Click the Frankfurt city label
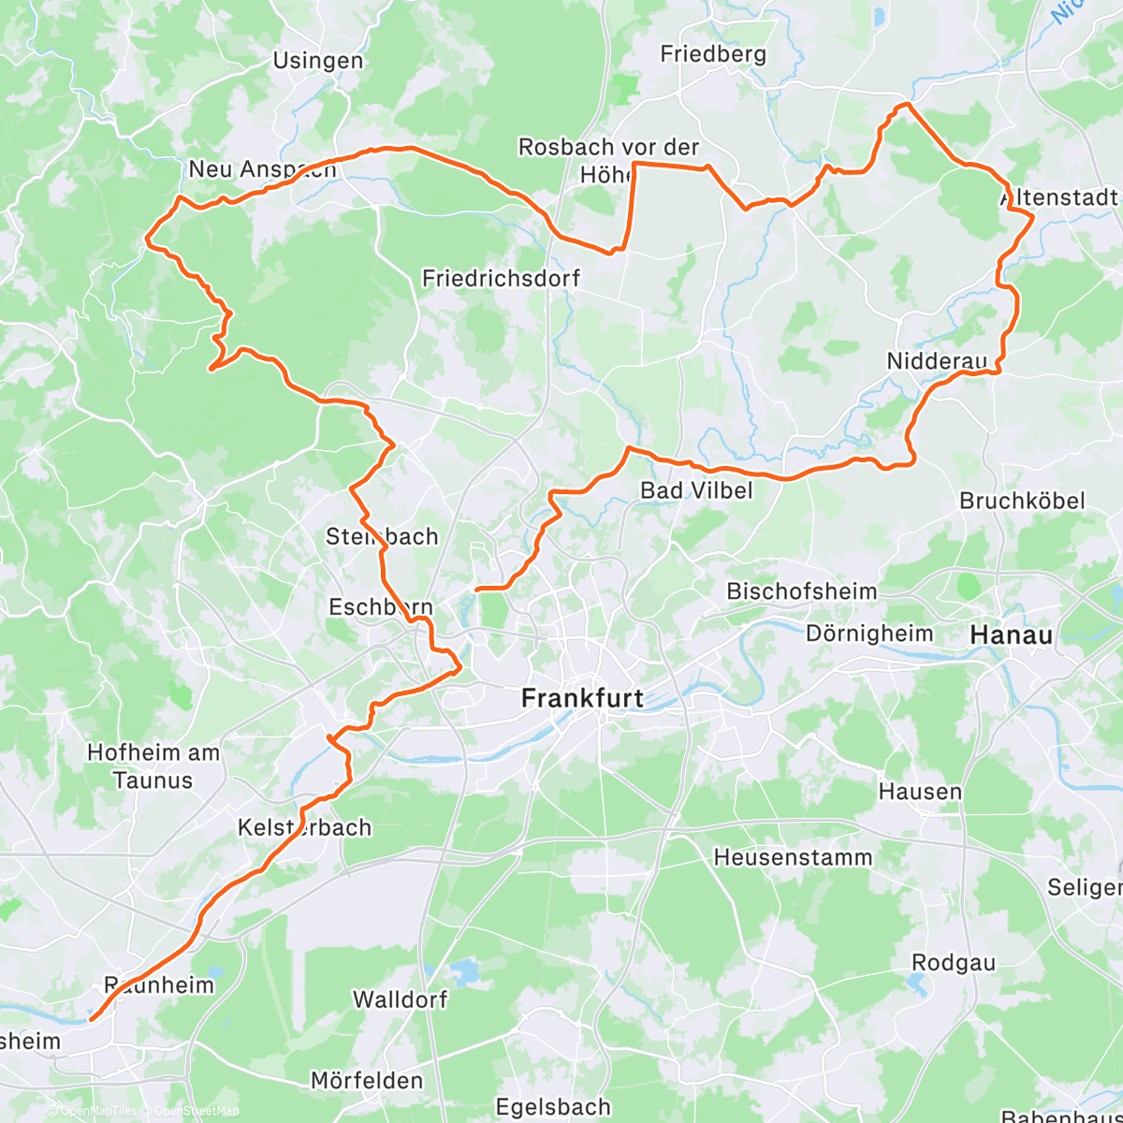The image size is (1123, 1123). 582,698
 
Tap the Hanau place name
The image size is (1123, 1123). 1011,635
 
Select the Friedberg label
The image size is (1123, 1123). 713,54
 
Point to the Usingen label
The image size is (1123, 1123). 318,61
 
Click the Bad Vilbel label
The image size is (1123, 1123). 696,490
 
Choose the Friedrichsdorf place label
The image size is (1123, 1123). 501,278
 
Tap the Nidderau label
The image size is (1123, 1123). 937,361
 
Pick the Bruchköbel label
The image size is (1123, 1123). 1022,501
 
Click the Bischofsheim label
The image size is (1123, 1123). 802,591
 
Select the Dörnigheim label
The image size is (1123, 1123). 869,634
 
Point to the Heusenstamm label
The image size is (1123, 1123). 793,857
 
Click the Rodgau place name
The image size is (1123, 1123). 954,963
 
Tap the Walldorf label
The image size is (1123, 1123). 400,999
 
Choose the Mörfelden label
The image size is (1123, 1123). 367,1081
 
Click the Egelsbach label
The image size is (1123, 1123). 553,1108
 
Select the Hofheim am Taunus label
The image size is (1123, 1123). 153,766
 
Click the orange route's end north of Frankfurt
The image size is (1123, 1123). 478,590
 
